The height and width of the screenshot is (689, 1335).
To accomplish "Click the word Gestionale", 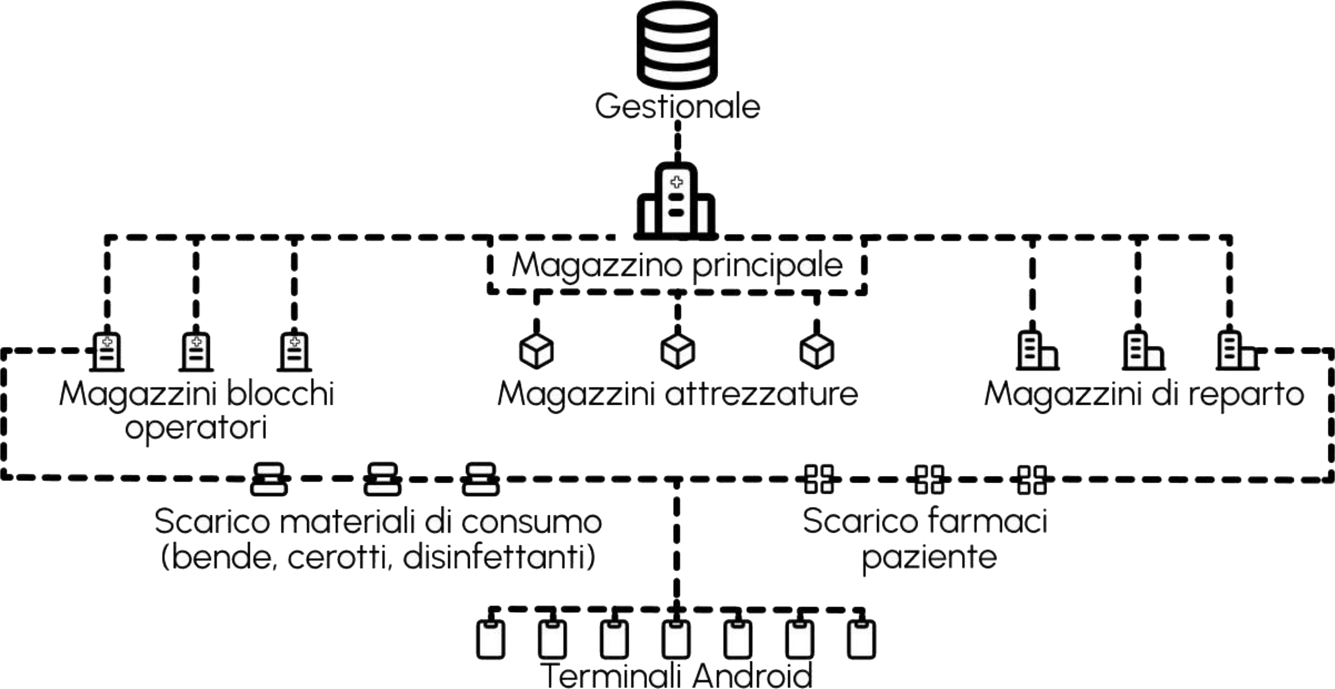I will [677, 106].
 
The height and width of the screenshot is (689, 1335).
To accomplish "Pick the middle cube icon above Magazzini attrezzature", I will [677, 350].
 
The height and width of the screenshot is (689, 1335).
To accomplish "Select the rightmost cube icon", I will [817, 350].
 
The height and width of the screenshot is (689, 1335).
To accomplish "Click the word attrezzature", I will [761, 394].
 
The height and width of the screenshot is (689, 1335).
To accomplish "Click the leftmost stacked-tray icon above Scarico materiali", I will [268, 479].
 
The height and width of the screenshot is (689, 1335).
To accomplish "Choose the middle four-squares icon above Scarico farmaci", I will [929, 479].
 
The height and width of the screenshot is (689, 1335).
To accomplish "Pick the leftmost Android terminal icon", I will [490, 640].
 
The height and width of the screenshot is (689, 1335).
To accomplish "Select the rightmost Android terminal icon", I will [861, 640].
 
